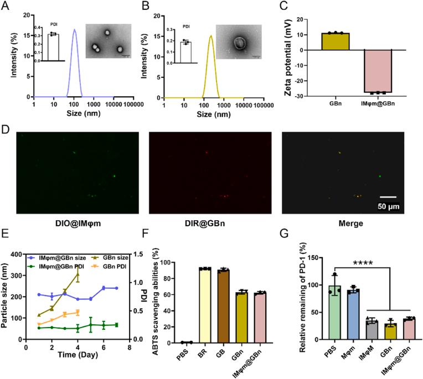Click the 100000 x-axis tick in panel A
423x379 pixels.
[129, 103]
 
